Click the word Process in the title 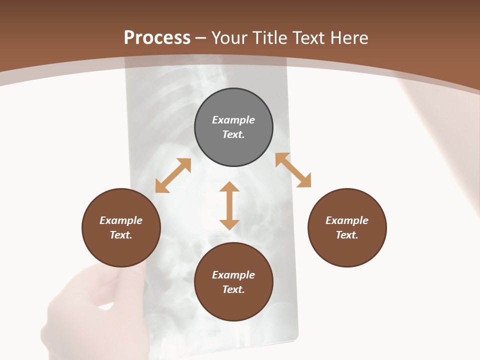157,38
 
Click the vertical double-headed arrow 229,206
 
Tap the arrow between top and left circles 173,175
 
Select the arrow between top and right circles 293,170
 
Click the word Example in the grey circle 233,120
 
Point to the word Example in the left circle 121,220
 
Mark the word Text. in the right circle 347,235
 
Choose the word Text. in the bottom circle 233,289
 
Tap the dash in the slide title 200,38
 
